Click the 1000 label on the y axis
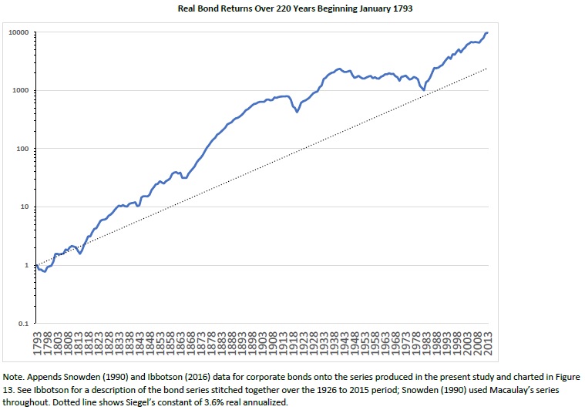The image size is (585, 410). coord(20,91)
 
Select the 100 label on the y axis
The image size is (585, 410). coord(22,149)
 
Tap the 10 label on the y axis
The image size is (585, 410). coord(24,207)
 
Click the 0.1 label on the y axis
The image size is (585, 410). coord(23,324)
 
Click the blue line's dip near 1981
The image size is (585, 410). coord(423,90)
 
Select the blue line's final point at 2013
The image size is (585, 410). coord(487,33)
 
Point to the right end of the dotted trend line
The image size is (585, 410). coord(487,69)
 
